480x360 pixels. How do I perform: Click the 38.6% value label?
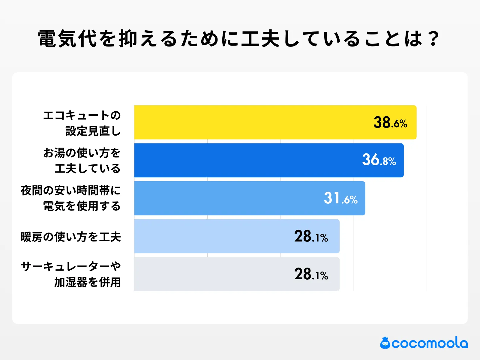(x=390, y=123)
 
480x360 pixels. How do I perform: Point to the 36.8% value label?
(x=379, y=160)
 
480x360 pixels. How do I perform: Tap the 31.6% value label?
(x=340, y=198)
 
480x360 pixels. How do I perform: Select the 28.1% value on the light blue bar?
(x=311, y=236)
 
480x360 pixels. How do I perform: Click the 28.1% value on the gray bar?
(x=311, y=274)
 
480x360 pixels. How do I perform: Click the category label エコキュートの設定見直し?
(x=82, y=123)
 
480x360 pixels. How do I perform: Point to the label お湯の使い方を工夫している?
(x=82, y=160)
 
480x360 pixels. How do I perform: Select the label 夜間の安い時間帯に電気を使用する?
(x=71, y=198)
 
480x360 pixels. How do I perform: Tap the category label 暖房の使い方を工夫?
(x=71, y=237)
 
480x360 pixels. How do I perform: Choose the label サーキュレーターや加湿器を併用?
(x=71, y=274)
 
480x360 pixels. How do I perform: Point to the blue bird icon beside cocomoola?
(x=385, y=343)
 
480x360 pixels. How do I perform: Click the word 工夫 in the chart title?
(x=261, y=39)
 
